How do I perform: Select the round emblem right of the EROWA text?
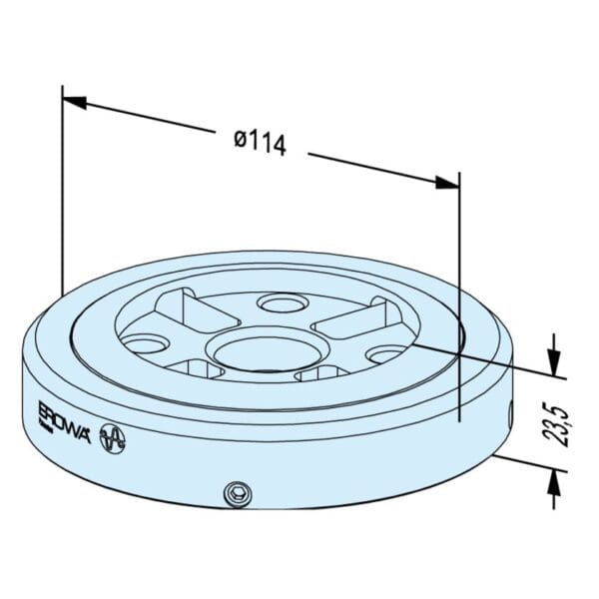point(115,437)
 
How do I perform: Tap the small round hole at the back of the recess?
point(279,301)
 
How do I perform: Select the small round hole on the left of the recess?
point(150,344)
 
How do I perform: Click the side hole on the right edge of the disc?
point(511,411)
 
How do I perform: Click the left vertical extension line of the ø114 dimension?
point(62,200)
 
